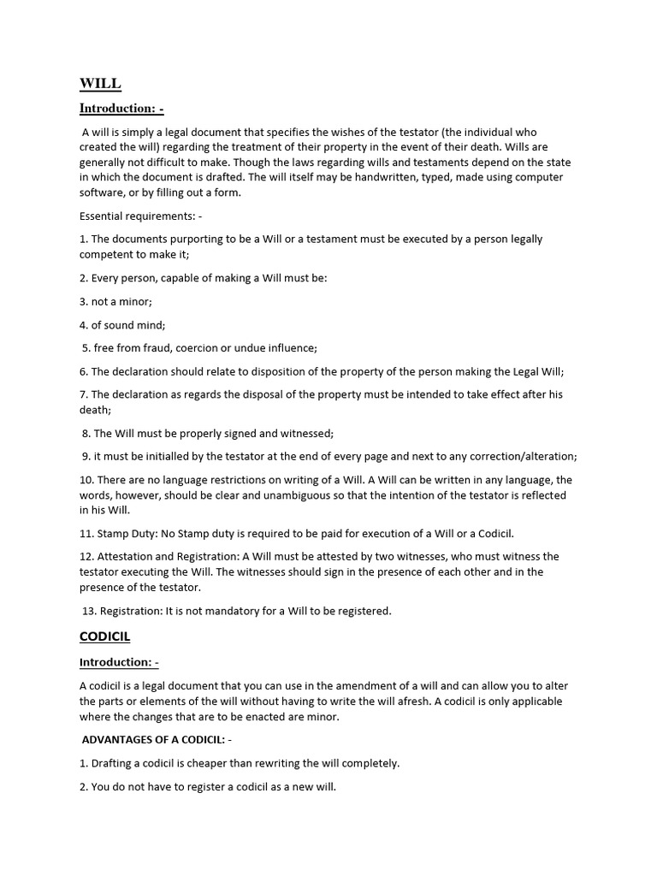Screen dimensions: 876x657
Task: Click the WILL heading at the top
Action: pyautogui.click(x=100, y=84)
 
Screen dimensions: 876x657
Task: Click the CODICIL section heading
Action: pyautogui.click(x=104, y=637)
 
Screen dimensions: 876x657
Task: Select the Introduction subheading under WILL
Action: pyautogui.click(x=121, y=109)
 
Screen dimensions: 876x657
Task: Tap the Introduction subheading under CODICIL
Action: pyautogui.click(x=119, y=662)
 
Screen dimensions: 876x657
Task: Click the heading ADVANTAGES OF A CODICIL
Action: pyautogui.click(x=152, y=739)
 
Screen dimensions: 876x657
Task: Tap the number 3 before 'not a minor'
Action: pyautogui.click(x=83, y=302)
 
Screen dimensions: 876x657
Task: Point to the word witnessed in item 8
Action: pyautogui.click(x=304, y=434)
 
